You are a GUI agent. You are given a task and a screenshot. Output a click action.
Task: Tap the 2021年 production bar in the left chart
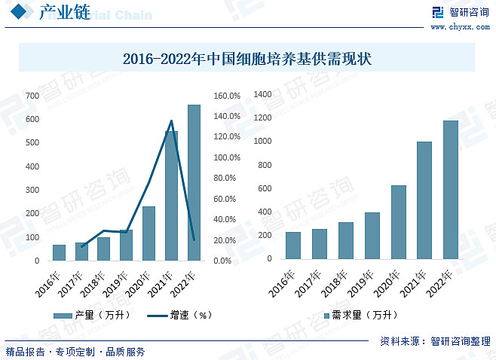(x=171, y=196)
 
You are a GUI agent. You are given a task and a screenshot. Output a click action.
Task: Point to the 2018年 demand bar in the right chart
(x=346, y=240)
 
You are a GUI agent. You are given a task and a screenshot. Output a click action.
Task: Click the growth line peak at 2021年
(x=171, y=121)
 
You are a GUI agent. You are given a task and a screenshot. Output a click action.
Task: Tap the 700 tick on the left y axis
(x=32, y=96)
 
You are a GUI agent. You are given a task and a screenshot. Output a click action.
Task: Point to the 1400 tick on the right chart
(x=262, y=94)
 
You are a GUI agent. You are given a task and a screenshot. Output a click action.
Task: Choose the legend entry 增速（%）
(x=179, y=315)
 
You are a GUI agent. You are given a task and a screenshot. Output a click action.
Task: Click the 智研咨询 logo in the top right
(x=459, y=12)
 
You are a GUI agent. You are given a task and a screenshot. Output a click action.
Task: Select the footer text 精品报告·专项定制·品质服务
(x=75, y=352)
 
